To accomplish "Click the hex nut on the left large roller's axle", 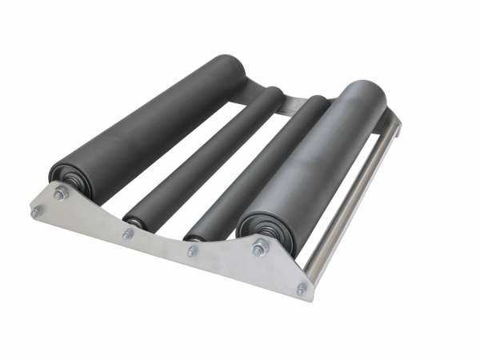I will [x=60, y=194].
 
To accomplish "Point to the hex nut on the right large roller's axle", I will [x=259, y=248].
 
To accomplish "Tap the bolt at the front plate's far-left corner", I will [x=36, y=212].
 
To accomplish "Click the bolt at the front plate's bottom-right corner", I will [x=302, y=289].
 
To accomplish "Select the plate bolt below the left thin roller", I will [x=128, y=234].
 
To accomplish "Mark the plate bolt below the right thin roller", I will [x=192, y=251].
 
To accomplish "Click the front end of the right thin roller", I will [x=194, y=234].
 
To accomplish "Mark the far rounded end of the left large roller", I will [x=232, y=68].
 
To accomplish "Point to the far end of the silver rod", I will [x=394, y=120].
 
